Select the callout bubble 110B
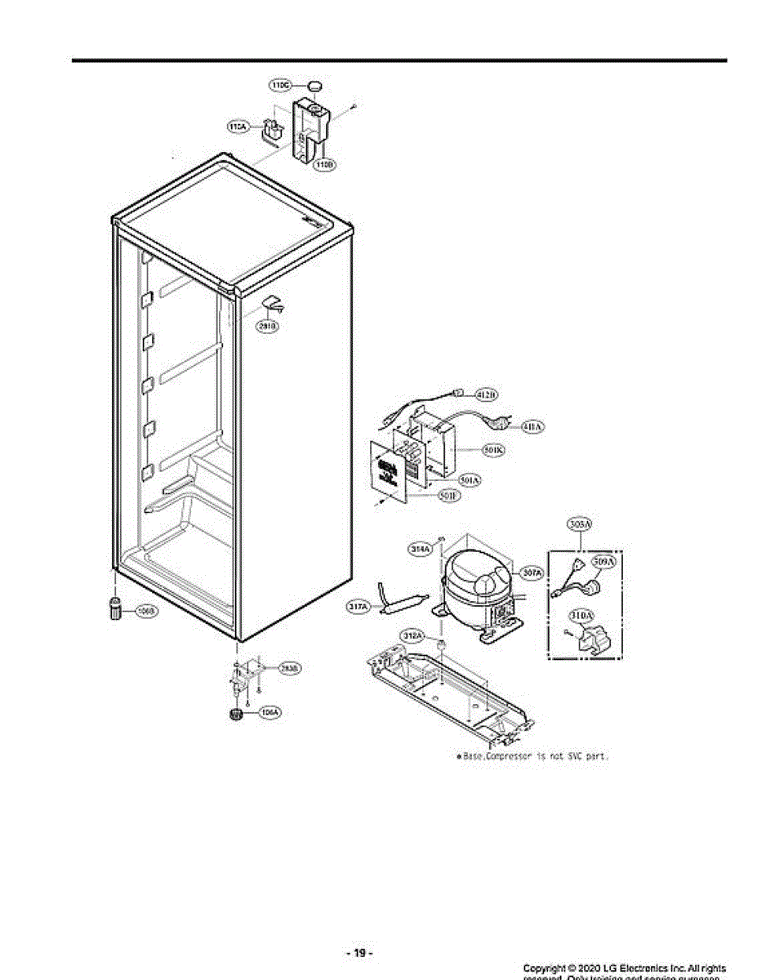(324, 164)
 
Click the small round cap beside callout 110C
(314, 84)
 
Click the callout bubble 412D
(487, 395)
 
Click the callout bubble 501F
(448, 496)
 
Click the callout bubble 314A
(420, 550)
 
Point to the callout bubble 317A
(359, 607)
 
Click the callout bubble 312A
(412, 635)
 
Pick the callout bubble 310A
(581, 614)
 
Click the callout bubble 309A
(603, 562)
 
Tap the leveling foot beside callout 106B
(115, 608)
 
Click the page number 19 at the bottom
(359, 953)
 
